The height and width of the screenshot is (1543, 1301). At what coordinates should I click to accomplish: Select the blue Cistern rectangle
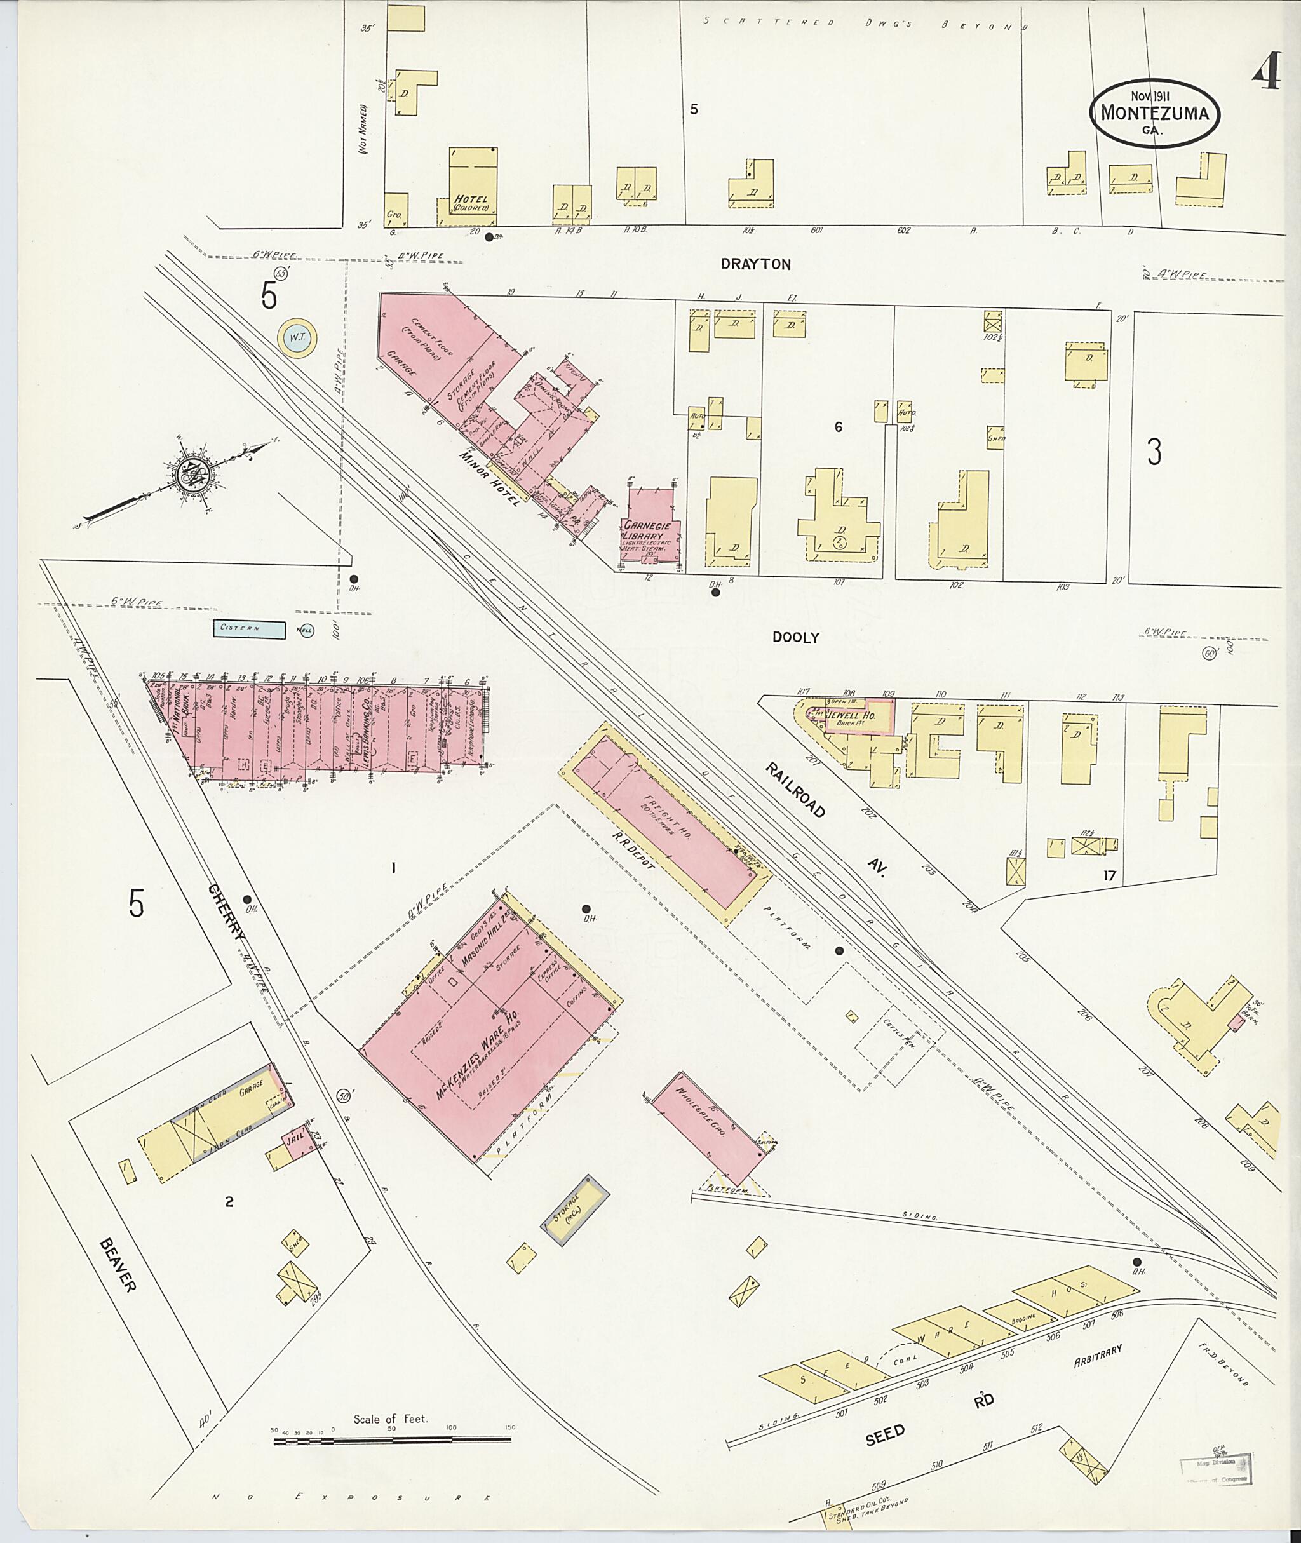[x=249, y=629]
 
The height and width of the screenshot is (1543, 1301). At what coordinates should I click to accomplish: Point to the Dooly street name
[x=795, y=637]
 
